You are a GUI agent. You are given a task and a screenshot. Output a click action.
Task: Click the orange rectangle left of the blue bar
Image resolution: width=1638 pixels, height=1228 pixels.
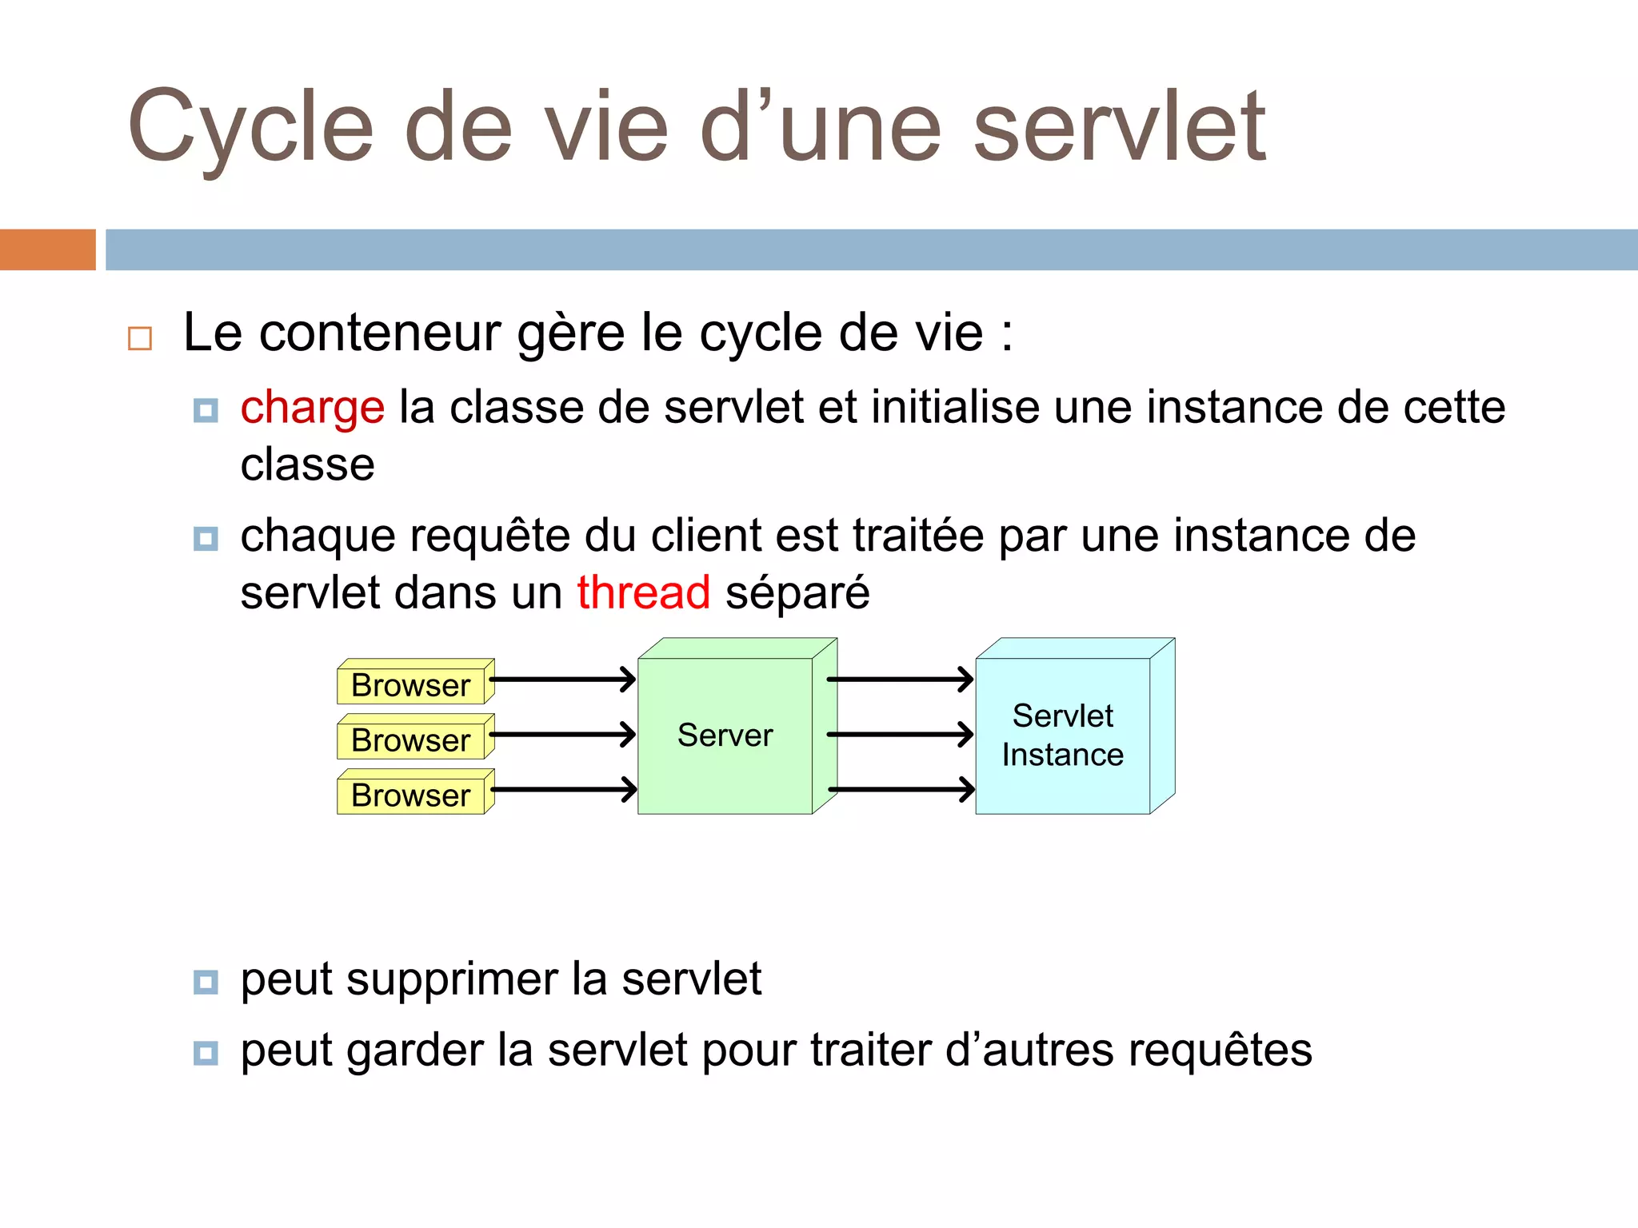coord(47,249)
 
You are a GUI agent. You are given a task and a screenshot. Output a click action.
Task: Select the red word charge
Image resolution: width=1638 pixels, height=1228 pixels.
coord(312,408)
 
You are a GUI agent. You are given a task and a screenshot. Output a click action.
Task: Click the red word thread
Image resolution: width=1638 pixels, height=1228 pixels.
coord(643,593)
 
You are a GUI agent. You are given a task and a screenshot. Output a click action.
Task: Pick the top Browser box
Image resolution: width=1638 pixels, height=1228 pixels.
coord(411,685)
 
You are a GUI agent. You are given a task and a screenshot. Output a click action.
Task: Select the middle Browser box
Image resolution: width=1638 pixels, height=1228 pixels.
coord(411,740)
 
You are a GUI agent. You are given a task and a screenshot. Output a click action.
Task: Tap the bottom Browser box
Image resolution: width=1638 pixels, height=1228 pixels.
coord(411,795)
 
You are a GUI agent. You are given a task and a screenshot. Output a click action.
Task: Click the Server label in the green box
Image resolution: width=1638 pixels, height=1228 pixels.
coord(725,736)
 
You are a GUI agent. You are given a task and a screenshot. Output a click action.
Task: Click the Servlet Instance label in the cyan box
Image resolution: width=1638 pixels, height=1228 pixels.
coord(1062,736)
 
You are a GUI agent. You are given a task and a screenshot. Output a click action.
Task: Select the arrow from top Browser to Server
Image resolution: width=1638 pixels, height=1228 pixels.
coord(563,680)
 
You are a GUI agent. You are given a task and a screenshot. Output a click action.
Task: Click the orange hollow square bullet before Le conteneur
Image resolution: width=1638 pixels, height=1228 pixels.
coord(140,338)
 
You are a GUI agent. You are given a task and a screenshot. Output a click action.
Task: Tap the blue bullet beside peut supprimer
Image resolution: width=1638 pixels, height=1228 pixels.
coord(206,982)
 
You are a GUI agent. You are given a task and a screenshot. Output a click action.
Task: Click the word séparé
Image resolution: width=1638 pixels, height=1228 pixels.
coord(797,593)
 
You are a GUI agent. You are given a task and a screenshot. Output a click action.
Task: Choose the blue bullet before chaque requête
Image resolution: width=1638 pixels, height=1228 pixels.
coord(206,539)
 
